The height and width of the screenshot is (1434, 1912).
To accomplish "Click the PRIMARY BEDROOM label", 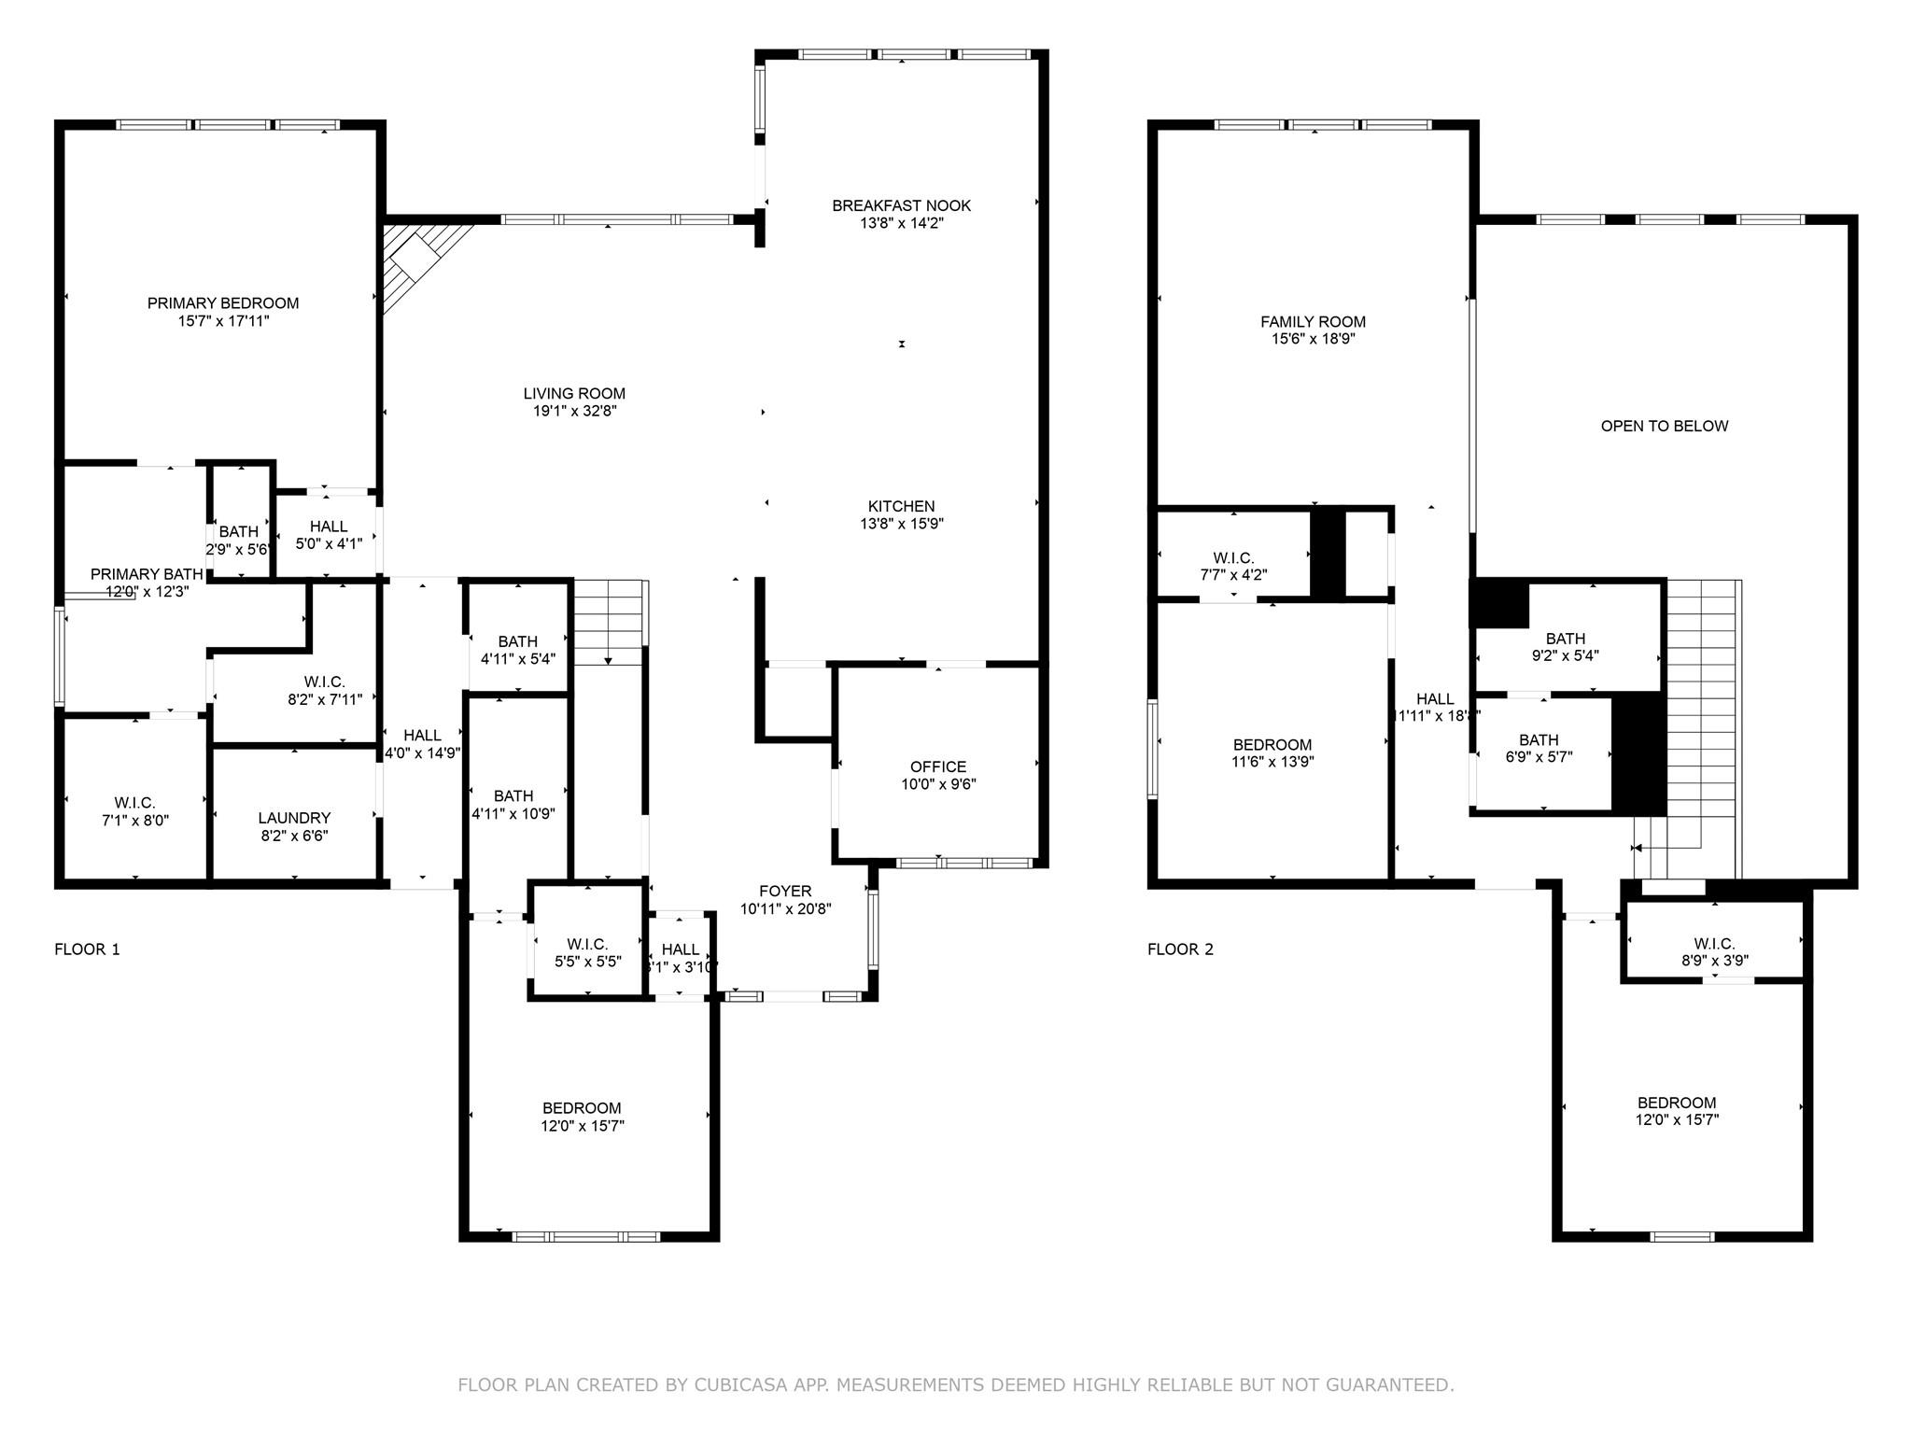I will [x=223, y=303].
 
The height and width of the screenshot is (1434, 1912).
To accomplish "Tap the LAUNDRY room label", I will [x=294, y=818].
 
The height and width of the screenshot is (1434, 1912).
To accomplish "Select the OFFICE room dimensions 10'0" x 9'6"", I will [x=938, y=784].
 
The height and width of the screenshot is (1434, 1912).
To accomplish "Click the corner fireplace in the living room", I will [x=416, y=256].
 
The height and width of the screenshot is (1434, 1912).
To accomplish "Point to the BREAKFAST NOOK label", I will [x=901, y=205].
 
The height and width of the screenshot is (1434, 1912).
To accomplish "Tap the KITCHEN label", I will [x=901, y=507].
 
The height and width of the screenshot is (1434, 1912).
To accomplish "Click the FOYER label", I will [x=785, y=891].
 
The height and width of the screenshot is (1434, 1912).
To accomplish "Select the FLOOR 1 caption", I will [x=87, y=949].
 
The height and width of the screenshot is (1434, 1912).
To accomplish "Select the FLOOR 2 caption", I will [x=1180, y=949].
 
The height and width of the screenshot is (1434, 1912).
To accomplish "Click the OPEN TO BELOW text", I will [x=1664, y=427].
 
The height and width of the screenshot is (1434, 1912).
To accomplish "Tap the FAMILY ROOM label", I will [x=1313, y=322].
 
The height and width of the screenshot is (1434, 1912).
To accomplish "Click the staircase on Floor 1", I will [x=609, y=621].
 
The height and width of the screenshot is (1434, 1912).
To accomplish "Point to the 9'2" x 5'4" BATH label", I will [x=1565, y=647].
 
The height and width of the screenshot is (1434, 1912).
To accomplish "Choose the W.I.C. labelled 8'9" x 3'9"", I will [x=1714, y=951].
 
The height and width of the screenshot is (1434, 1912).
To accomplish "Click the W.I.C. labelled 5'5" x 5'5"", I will [x=587, y=952].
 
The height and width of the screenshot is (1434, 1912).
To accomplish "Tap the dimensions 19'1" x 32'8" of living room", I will [x=574, y=411].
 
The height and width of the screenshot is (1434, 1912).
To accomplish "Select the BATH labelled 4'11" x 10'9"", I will [x=513, y=804].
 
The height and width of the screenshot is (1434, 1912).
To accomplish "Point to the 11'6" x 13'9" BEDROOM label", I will [x=1272, y=753].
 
